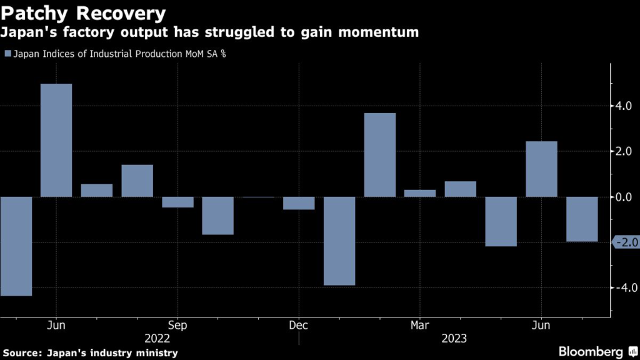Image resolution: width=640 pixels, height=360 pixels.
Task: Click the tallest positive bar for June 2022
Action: [57, 140]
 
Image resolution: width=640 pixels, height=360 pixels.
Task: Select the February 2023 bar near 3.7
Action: [380, 155]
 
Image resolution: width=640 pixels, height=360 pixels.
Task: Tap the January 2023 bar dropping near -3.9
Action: [339, 241]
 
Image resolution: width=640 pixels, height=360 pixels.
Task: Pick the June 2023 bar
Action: [541, 169]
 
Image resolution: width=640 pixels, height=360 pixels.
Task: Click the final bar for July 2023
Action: [582, 219]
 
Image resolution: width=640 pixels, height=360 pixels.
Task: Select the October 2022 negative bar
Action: [218, 216]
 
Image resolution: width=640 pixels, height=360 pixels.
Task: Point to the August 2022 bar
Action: [137, 181]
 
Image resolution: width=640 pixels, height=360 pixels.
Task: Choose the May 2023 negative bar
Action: [501, 221]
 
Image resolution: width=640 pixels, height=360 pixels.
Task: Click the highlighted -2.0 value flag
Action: [626, 242]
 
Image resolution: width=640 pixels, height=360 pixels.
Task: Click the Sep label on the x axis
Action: [178, 326]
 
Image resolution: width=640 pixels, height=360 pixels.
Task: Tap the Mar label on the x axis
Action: [420, 326]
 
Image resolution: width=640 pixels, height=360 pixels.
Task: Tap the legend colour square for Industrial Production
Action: [8, 54]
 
